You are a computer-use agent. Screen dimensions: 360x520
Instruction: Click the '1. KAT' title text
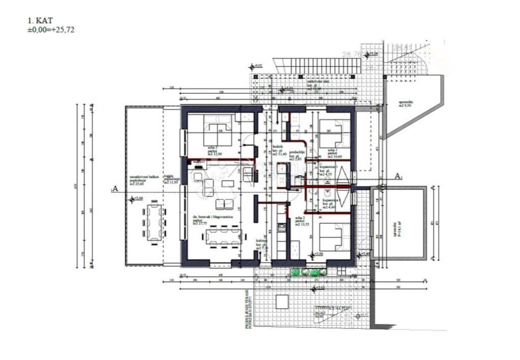(40, 21)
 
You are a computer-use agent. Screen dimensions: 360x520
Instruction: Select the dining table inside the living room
(222, 237)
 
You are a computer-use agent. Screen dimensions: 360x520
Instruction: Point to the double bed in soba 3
(218, 133)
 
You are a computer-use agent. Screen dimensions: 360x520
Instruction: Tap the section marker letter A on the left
(115, 188)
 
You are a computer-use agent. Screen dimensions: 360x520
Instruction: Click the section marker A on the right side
(397, 176)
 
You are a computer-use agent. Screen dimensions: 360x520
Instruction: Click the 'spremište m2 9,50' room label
(406, 104)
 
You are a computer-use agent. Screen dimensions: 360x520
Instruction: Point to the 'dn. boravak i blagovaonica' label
(212, 217)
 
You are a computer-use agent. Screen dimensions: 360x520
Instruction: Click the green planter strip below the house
(308, 272)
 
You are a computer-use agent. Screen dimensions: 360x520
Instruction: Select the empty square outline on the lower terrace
(282, 302)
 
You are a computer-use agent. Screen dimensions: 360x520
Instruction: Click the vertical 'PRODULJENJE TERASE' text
(247, 311)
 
